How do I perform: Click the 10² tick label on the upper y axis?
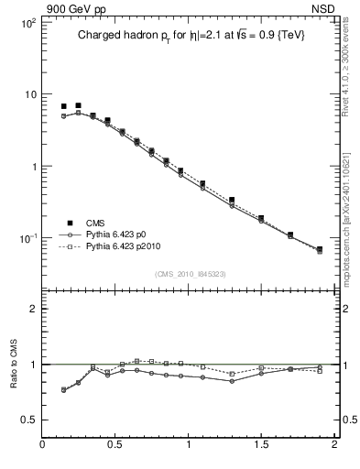point(27,22)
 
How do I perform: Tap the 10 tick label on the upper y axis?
point(29,94)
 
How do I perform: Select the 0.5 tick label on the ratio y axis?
point(28,420)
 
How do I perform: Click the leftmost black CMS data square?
point(63,107)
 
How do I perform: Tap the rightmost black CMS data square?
point(319,249)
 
